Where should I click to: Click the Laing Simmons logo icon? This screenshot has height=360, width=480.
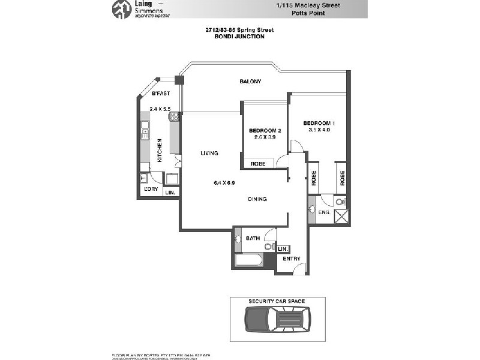click(x=122, y=8)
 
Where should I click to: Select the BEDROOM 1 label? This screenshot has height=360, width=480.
click(x=319, y=123)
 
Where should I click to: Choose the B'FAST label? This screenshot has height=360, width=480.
click(x=160, y=94)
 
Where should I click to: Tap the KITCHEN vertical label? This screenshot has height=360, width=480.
click(x=160, y=151)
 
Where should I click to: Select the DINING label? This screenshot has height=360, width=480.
click(x=257, y=199)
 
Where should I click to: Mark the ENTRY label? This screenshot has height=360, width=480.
click(x=292, y=259)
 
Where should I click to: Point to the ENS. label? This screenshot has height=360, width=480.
click(x=325, y=212)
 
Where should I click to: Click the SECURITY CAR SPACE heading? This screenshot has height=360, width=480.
click(x=278, y=301)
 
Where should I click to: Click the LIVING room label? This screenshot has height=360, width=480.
click(x=209, y=154)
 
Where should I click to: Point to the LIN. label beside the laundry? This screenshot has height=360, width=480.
click(x=170, y=193)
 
